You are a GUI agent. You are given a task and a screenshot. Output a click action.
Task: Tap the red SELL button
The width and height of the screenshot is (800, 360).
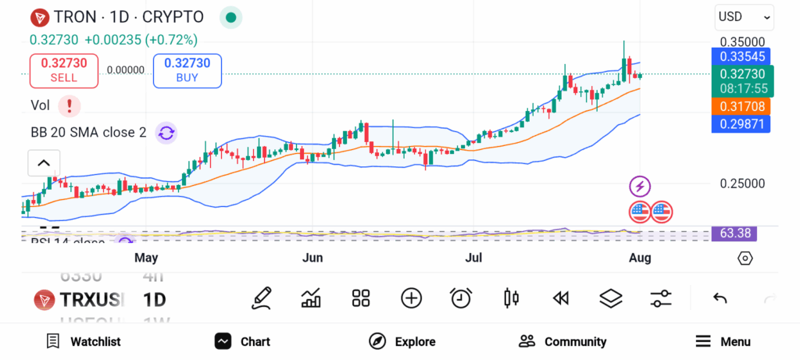pos(64,70)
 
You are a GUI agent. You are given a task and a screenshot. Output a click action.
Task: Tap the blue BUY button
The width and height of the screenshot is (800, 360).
pos(187,70)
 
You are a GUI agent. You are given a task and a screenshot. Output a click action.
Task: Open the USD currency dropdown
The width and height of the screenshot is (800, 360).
pos(744,16)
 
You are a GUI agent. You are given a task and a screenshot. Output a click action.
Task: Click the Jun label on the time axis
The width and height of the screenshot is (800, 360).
pos(312,258)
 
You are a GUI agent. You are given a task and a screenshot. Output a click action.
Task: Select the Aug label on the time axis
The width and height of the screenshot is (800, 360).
pos(641,258)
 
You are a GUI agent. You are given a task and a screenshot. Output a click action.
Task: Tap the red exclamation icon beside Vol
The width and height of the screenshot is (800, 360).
pos(70,105)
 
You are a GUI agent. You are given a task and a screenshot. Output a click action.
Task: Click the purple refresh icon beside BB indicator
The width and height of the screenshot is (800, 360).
pos(166,132)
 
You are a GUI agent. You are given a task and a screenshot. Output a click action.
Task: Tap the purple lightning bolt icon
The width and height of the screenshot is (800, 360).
pos(640,187)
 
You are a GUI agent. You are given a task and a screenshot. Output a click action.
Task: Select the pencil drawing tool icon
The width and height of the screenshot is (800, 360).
pos(262,298)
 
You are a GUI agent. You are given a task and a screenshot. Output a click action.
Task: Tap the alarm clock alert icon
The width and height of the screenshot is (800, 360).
pos(461,298)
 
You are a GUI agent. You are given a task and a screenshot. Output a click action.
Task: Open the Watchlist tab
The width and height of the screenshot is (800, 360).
pos(84,341)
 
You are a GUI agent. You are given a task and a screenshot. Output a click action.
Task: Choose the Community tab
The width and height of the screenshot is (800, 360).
pos(562,341)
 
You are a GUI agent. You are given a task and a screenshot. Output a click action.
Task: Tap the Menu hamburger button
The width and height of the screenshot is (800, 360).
pos(723,341)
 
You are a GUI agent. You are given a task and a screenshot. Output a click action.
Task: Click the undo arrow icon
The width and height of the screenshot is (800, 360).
pos(720,298)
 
